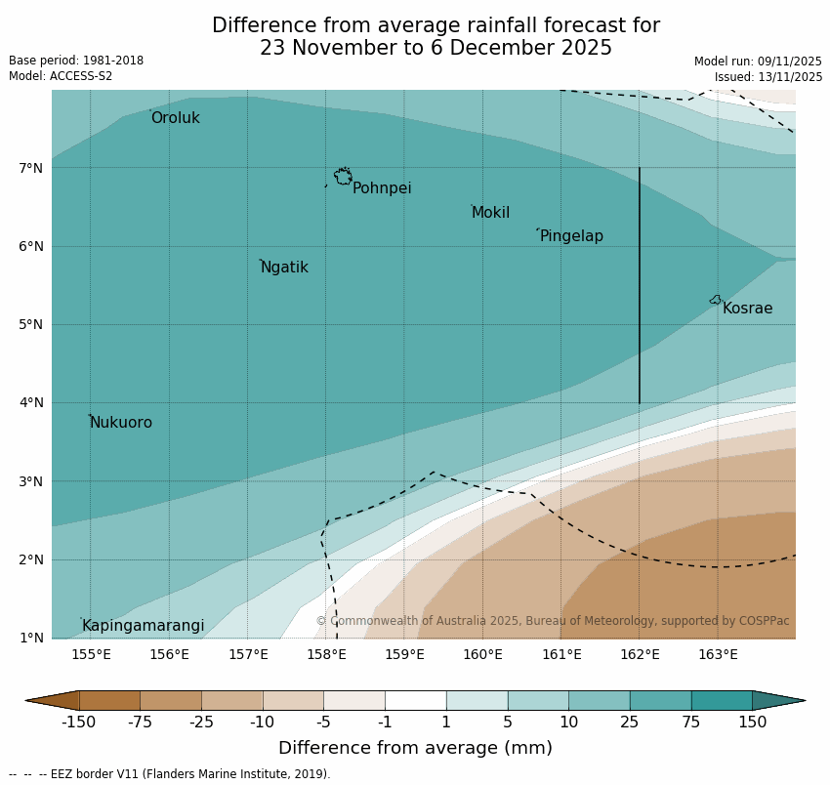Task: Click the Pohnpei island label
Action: tap(382, 188)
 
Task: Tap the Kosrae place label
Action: tap(747, 309)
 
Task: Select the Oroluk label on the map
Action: tap(176, 118)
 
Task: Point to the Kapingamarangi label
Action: tap(144, 626)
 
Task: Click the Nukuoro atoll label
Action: tap(121, 423)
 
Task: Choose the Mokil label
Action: tap(490, 213)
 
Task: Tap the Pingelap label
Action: tap(571, 236)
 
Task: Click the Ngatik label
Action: tap(284, 268)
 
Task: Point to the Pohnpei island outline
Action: tap(343, 177)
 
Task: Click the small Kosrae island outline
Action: tap(716, 300)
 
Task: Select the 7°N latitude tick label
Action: tap(31, 168)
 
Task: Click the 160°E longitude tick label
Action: tap(482, 654)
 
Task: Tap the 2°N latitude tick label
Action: tap(31, 559)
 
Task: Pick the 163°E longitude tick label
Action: tap(718, 654)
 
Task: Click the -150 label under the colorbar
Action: tap(78, 723)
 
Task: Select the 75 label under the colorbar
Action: tap(691, 723)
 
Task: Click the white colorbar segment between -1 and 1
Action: tap(415, 700)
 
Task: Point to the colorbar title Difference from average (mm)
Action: tap(415, 749)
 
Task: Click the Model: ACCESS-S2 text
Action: tap(61, 76)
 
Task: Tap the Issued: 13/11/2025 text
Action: tap(768, 77)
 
